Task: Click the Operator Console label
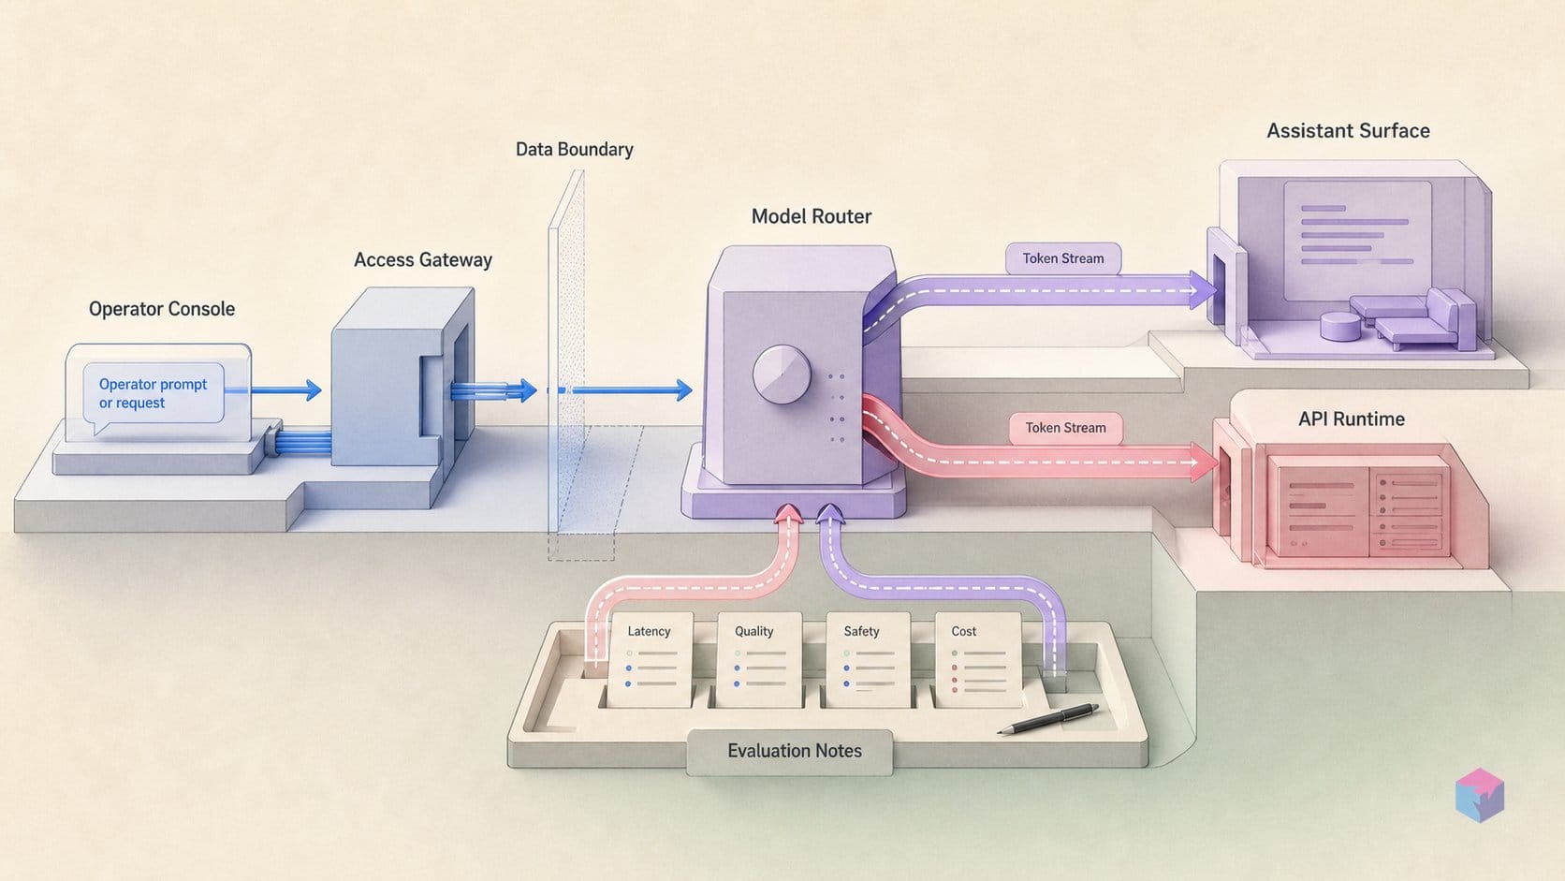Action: click(x=161, y=309)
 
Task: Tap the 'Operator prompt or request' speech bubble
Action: click(x=154, y=396)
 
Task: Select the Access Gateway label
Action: click(x=423, y=260)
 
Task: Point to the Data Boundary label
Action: click(x=575, y=150)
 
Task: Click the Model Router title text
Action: click(x=812, y=216)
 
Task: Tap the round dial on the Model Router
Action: click(x=782, y=374)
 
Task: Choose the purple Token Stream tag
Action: click(x=1063, y=258)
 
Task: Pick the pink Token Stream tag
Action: click(x=1065, y=428)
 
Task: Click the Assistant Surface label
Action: click(x=1349, y=131)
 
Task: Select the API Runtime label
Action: click(x=1352, y=419)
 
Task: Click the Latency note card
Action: click(x=650, y=659)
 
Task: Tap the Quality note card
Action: click(x=759, y=659)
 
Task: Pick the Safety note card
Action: click(x=868, y=659)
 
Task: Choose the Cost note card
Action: click(x=977, y=659)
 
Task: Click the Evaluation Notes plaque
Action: click(x=789, y=752)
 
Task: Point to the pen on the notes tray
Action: click(x=1047, y=719)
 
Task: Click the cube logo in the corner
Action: click(x=1480, y=795)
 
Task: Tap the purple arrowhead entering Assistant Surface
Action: click(x=1203, y=289)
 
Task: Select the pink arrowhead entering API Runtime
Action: click(x=1204, y=462)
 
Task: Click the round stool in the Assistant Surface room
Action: click(x=1340, y=326)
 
